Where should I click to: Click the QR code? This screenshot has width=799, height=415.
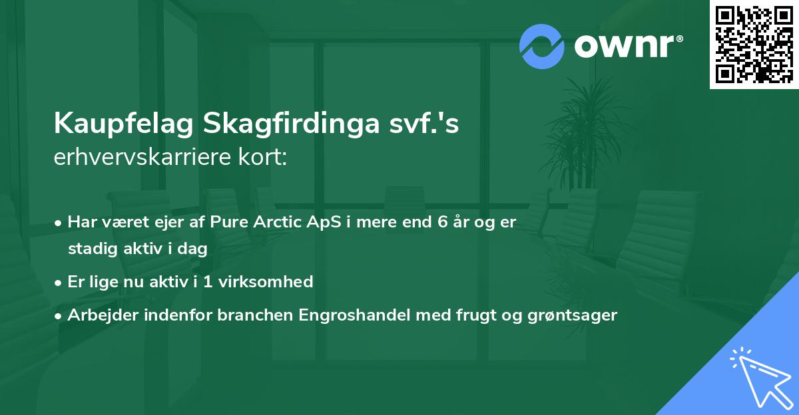click(x=754, y=45)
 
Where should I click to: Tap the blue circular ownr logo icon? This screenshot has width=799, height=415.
click(x=542, y=47)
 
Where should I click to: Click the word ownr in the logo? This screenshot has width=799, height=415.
click(x=623, y=47)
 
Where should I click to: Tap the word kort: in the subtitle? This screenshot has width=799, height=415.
click(x=264, y=158)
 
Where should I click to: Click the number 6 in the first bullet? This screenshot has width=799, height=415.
click(x=443, y=222)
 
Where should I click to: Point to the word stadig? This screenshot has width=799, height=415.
click(x=90, y=249)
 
